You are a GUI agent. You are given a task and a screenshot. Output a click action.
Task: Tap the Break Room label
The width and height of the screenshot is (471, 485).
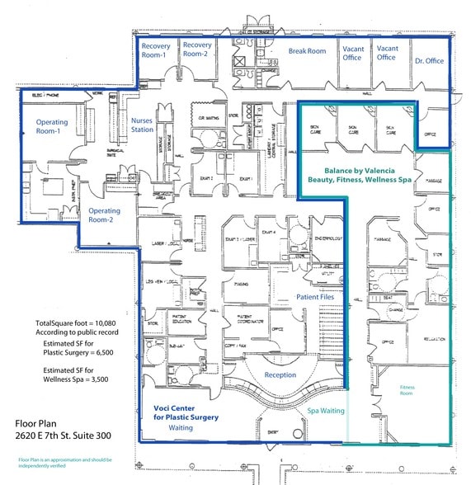click(307, 51)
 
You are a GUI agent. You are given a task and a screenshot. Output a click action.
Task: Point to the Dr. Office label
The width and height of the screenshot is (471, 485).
click(429, 61)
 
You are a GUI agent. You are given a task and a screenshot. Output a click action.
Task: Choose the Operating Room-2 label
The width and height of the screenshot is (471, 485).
click(106, 216)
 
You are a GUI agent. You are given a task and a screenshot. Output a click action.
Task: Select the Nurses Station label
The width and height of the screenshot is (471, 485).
click(142, 125)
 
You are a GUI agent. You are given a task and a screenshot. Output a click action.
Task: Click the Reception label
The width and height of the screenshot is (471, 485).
click(280, 375)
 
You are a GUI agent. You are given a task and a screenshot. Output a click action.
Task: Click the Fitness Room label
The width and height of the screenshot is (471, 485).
click(407, 390)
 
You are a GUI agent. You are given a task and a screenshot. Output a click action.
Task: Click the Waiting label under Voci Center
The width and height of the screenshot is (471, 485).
click(180, 428)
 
